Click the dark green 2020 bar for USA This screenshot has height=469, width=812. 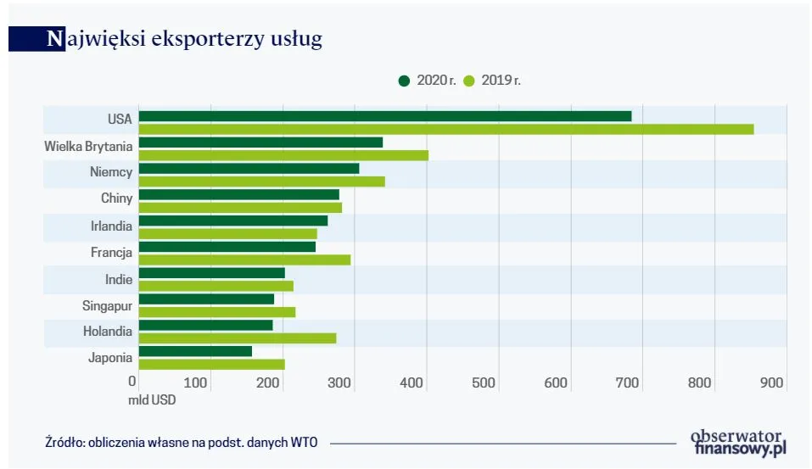tap(384, 116)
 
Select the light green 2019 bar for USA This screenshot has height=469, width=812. tap(445, 129)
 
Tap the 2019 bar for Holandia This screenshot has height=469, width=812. tap(237, 338)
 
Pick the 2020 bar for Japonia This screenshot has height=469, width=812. tap(195, 351)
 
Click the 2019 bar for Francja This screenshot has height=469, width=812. tap(244, 260)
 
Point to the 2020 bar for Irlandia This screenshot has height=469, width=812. tap(232, 221)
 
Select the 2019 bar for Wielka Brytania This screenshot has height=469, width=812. tap(283, 155)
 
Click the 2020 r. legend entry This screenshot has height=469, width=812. tap(428, 81)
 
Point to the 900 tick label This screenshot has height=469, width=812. tap(771, 383)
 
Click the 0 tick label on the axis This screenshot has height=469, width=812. tap(132, 382)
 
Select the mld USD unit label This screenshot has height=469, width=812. tap(152, 399)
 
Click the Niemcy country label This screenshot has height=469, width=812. tap(111, 172)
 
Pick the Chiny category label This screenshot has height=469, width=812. tap(116, 198)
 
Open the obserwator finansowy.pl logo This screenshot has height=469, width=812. tap(739, 442)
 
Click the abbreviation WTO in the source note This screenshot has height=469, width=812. tap(304, 443)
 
